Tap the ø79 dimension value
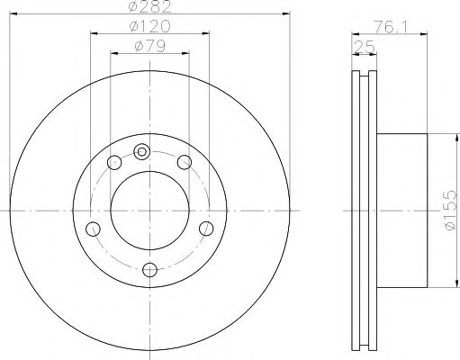click(149, 46)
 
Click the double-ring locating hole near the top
click(141, 151)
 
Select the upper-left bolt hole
click(114, 162)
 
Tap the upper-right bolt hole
click(185, 162)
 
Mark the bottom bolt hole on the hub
click(149, 267)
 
